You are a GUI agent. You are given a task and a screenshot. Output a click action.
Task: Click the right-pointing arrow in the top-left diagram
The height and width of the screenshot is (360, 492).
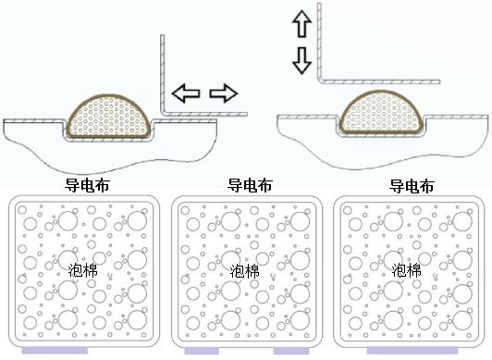point(224,93)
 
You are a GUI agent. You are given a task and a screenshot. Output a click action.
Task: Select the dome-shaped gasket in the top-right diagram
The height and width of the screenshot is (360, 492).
point(381,112)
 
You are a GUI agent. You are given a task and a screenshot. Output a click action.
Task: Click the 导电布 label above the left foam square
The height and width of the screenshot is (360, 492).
point(88,185)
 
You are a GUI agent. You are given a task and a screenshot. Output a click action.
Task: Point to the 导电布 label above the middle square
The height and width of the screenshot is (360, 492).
point(250,185)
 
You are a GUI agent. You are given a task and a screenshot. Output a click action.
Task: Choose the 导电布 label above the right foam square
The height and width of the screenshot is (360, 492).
point(412,185)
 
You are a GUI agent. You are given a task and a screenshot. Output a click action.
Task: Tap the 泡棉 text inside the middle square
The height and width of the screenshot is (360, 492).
point(245,271)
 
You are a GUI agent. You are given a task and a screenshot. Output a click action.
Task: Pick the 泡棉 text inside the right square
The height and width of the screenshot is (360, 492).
point(407,271)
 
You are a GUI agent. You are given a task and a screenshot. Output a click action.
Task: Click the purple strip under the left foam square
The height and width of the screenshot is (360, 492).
point(56,353)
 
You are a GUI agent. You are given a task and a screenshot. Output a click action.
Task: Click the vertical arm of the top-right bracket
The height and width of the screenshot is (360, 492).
point(319,42)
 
